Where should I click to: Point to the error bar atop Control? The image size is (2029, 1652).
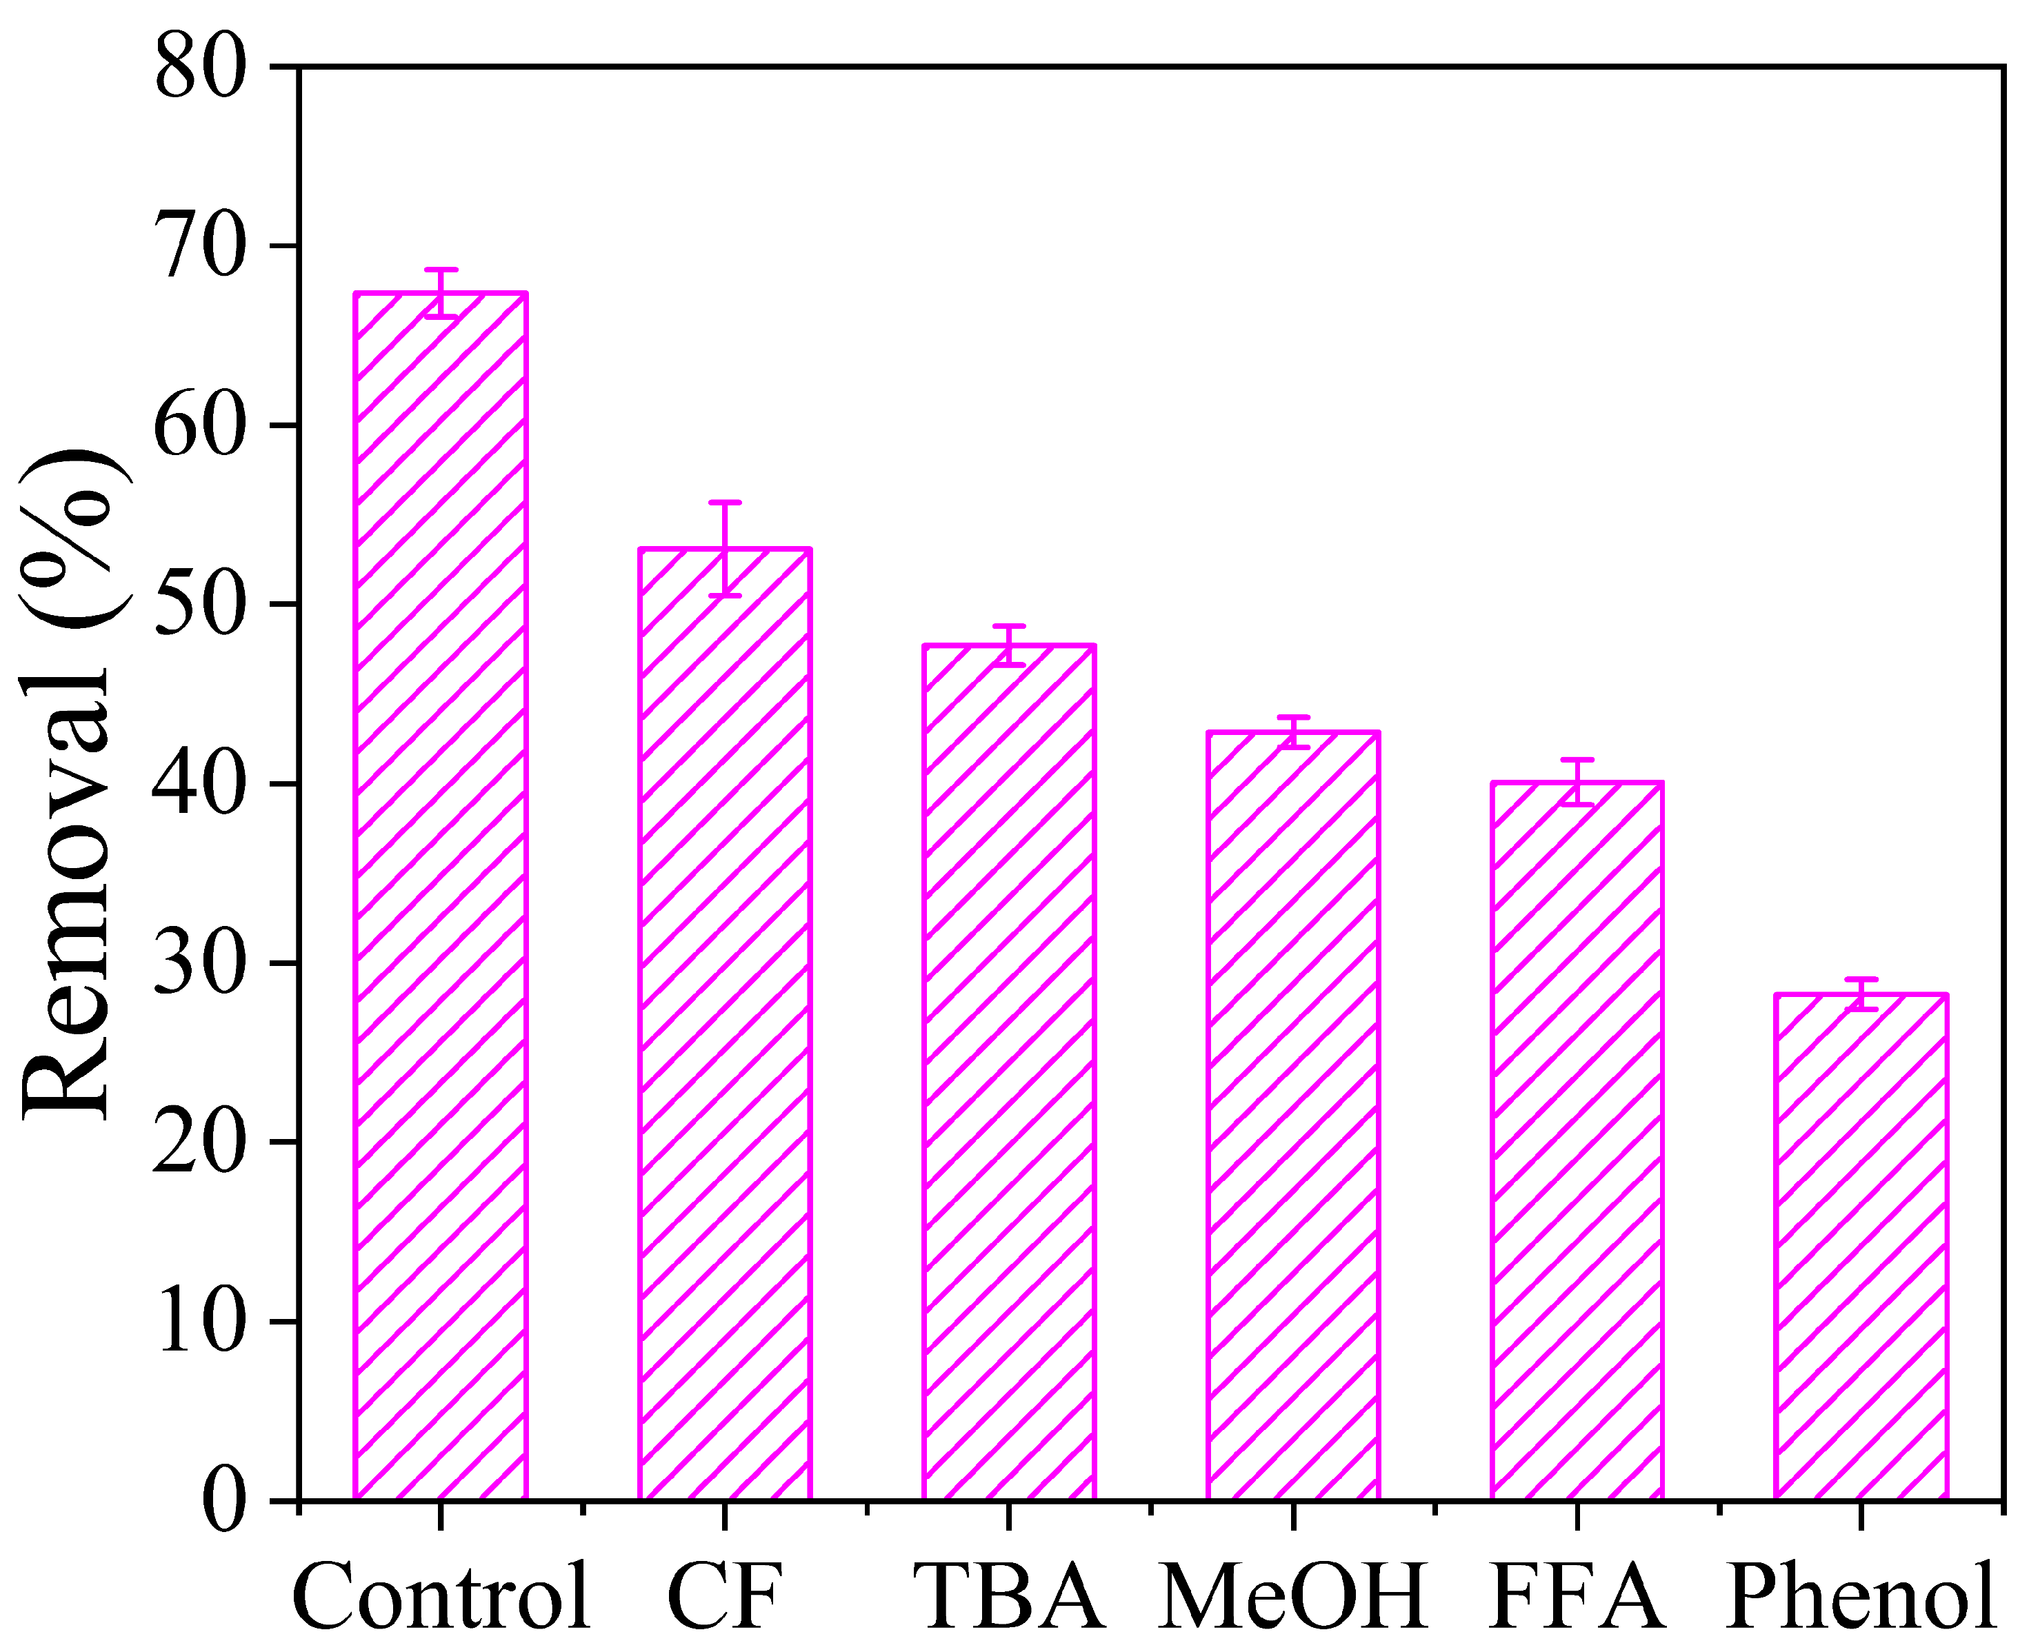[x=441, y=292]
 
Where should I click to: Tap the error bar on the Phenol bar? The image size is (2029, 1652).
[x=1861, y=994]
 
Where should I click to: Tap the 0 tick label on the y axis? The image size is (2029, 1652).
[x=223, y=1502]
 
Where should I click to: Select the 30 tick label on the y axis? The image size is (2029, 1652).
[x=200, y=964]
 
